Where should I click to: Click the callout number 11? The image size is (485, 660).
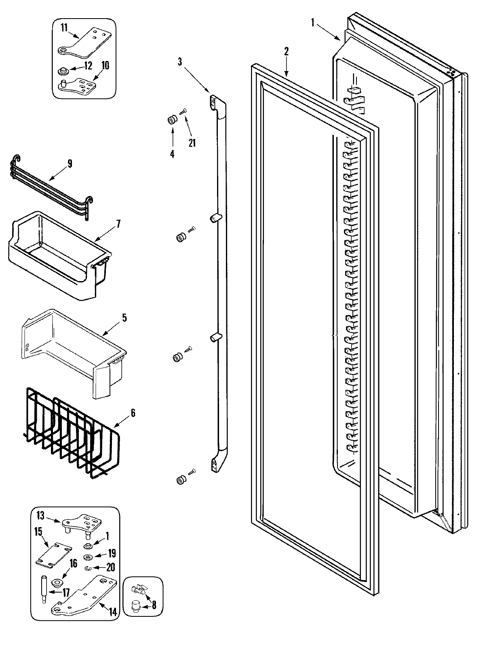click(x=64, y=27)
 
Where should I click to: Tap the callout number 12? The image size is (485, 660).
click(x=89, y=65)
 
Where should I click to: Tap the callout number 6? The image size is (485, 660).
click(x=133, y=413)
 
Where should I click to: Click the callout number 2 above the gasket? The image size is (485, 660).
click(x=286, y=51)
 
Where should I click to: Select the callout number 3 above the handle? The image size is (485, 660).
click(x=180, y=62)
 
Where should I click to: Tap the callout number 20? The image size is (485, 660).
click(x=110, y=567)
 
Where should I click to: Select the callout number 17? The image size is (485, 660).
click(x=65, y=593)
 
